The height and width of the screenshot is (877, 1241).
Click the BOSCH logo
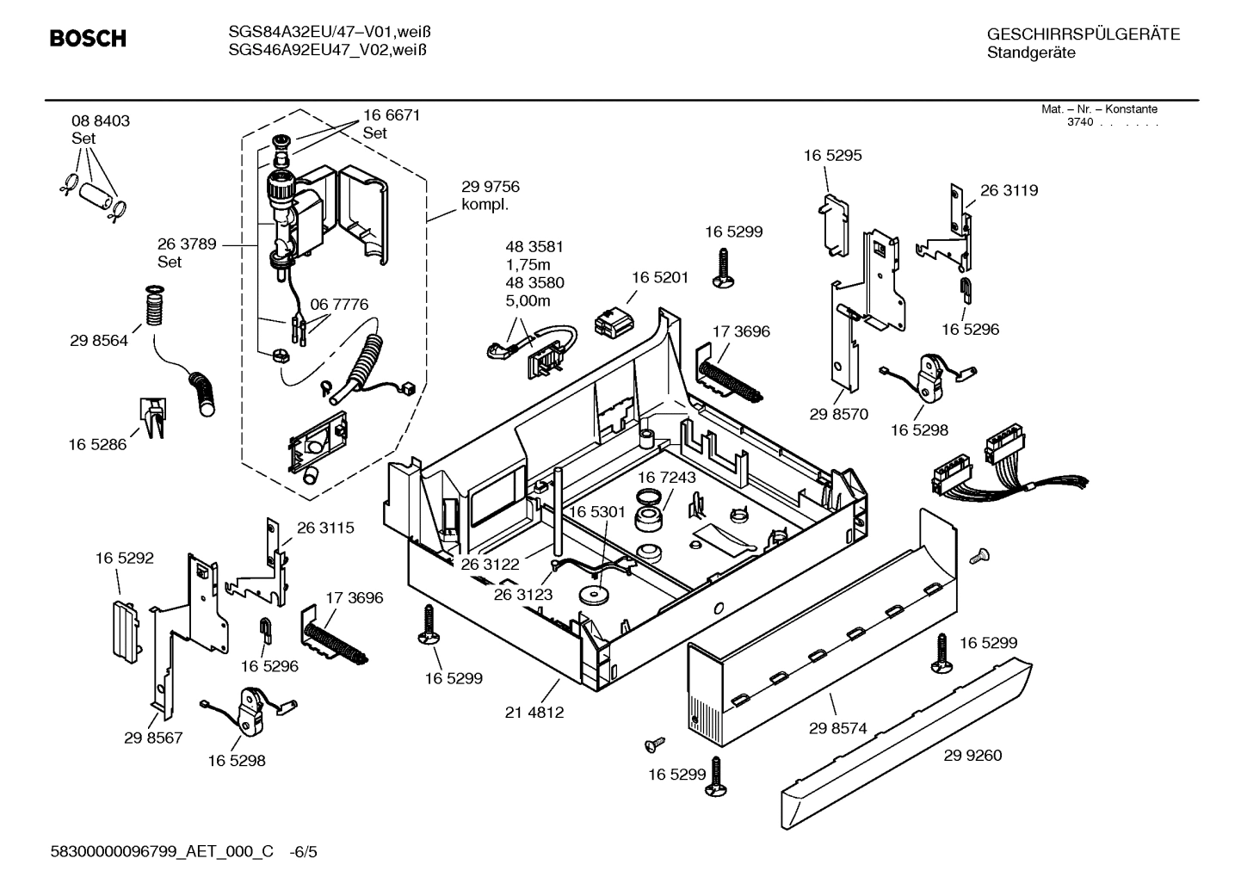pos(88,39)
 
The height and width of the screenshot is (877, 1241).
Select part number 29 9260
pos(972,756)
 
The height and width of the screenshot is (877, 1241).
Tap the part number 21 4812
pos(534,713)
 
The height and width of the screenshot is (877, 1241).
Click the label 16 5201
pos(660,277)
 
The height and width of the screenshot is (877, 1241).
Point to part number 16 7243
pos(667,477)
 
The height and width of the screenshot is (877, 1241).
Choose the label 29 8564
pos(99,341)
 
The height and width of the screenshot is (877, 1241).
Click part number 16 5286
pos(97,445)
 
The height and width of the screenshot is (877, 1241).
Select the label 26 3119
pos(1009,190)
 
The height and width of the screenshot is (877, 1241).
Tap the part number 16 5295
pos(832,156)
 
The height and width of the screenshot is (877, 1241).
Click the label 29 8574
pos(838,729)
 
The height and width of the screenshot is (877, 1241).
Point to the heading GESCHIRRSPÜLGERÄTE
pos(1083,34)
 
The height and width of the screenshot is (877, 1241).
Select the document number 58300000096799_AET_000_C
pos(163,852)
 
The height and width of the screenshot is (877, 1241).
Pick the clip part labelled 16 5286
pos(152,418)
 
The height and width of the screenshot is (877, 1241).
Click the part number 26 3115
pos(325,528)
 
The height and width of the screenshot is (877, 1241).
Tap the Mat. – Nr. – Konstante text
pos(1099,109)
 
